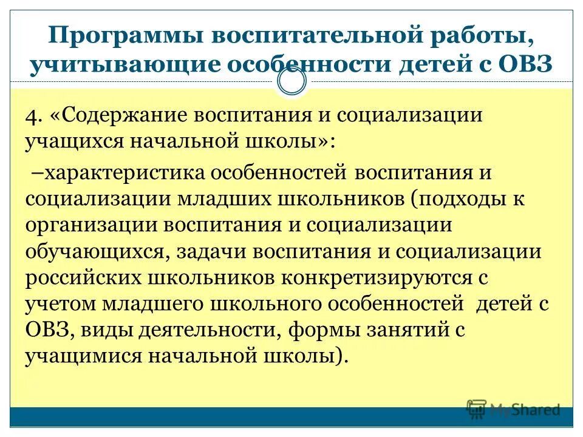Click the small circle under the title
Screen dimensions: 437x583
[291, 83]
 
